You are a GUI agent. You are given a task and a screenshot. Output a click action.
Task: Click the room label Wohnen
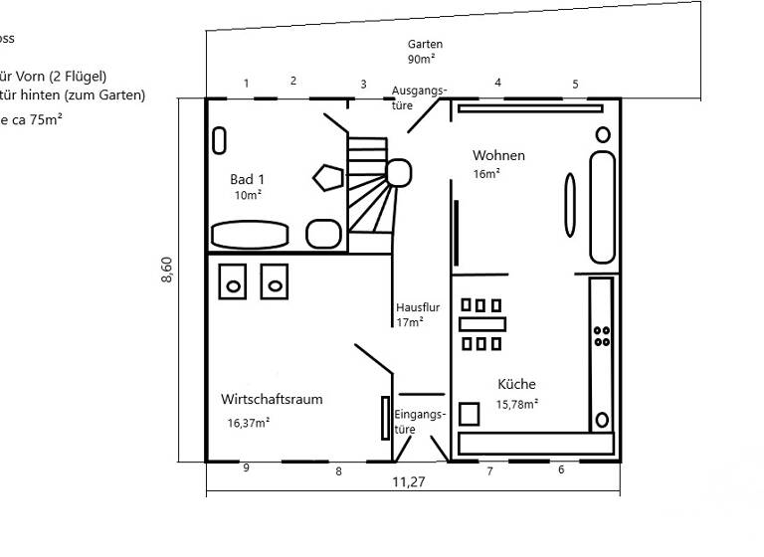(x=498, y=156)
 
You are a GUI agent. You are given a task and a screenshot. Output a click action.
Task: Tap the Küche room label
(x=516, y=384)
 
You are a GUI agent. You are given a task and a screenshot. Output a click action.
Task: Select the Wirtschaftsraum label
(x=272, y=399)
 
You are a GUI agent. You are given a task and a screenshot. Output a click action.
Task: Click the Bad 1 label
(x=247, y=179)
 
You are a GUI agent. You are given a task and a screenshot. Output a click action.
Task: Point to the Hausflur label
(x=417, y=308)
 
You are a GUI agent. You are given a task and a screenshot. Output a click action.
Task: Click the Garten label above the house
(x=425, y=45)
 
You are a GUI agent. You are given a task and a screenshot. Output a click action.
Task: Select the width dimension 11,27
(x=410, y=482)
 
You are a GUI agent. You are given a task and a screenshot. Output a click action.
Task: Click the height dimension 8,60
(x=167, y=271)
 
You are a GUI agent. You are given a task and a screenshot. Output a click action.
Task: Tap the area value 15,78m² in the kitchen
(x=517, y=404)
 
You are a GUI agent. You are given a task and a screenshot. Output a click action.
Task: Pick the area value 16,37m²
(x=249, y=422)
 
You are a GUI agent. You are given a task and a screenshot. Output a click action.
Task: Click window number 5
(x=575, y=84)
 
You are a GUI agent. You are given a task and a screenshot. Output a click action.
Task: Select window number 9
(x=246, y=467)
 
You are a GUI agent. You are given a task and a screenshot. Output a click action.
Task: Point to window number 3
(x=363, y=85)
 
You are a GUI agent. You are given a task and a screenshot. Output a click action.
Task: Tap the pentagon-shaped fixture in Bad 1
(x=327, y=178)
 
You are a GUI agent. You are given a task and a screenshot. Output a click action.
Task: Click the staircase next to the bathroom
(x=370, y=189)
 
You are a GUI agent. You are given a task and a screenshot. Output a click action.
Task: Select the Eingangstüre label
(x=419, y=422)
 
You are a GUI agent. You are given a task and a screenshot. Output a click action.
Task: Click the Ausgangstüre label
(x=419, y=96)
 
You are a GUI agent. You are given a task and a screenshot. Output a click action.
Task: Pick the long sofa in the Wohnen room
(x=602, y=207)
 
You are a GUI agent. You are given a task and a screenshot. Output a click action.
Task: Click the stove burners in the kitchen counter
(x=601, y=335)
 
